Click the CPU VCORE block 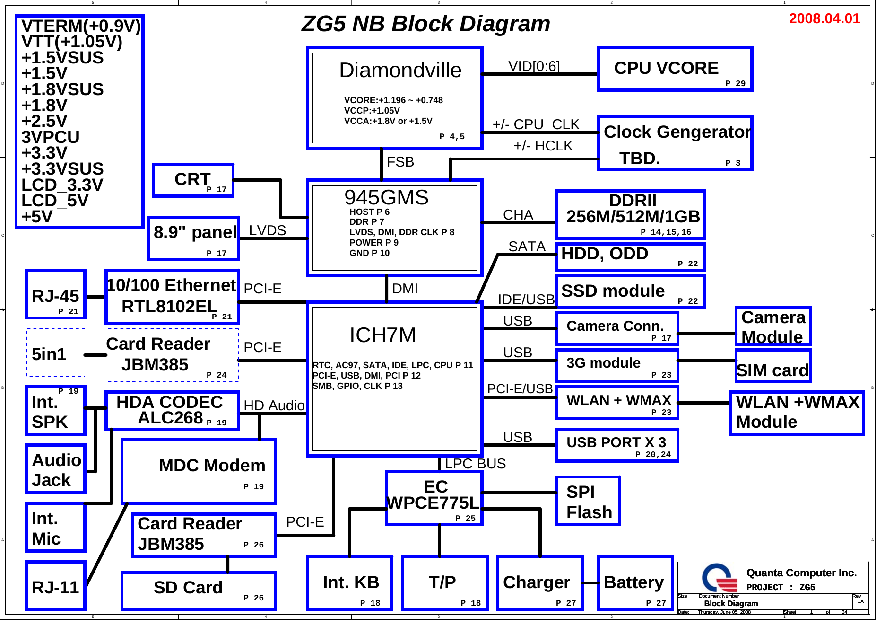pyautogui.click(x=675, y=69)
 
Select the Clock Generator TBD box pyautogui.click(x=675, y=143)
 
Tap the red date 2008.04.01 pyautogui.click(x=824, y=18)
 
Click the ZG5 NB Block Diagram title pyautogui.click(x=425, y=24)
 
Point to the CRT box pyautogui.click(x=193, y=180)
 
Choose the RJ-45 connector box pyautogui.click(x=56, y=294)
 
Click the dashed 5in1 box pyautogui.click(x=56, y=353)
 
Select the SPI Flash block pyautogui.click(x=587, y=501)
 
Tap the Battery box pyautogui.click(x=635, y=583)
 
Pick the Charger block pyautogui.click(x=540, y=583)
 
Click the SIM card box pyautogui.click(x=773, y=366)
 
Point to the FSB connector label pyautogui.click(x=400, y=162)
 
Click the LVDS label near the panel pyautogui.click(x=267, y=230)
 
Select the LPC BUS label pyautogui.click(x=475, y=464)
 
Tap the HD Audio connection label pyautogui.click(x=274, y=406)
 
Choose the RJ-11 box pyautogui.click(x=56, y=586)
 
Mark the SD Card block pyautogui.click(x=199, y=591)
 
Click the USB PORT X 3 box pyautogui.click(x=617, y=445)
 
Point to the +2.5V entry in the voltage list pyautogui.click(x=44, y=121)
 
